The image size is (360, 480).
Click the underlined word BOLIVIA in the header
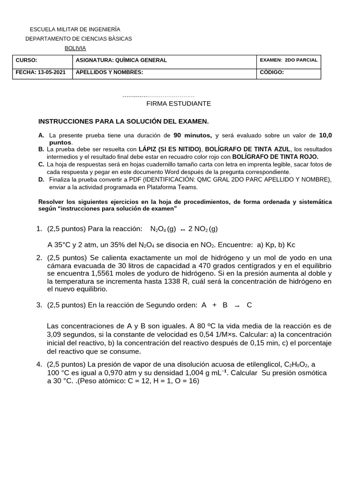[75, 48]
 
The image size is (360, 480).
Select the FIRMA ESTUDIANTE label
[172, 103]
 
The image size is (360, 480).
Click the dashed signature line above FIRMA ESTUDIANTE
[158, 96]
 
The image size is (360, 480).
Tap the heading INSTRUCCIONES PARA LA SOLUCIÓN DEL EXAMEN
[123, 121]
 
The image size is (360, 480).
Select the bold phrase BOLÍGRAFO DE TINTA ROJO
[275, 157]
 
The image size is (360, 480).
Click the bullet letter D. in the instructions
[41, 179]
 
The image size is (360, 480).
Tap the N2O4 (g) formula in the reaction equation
[163, 229]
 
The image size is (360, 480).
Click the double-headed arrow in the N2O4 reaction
[182, 229]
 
